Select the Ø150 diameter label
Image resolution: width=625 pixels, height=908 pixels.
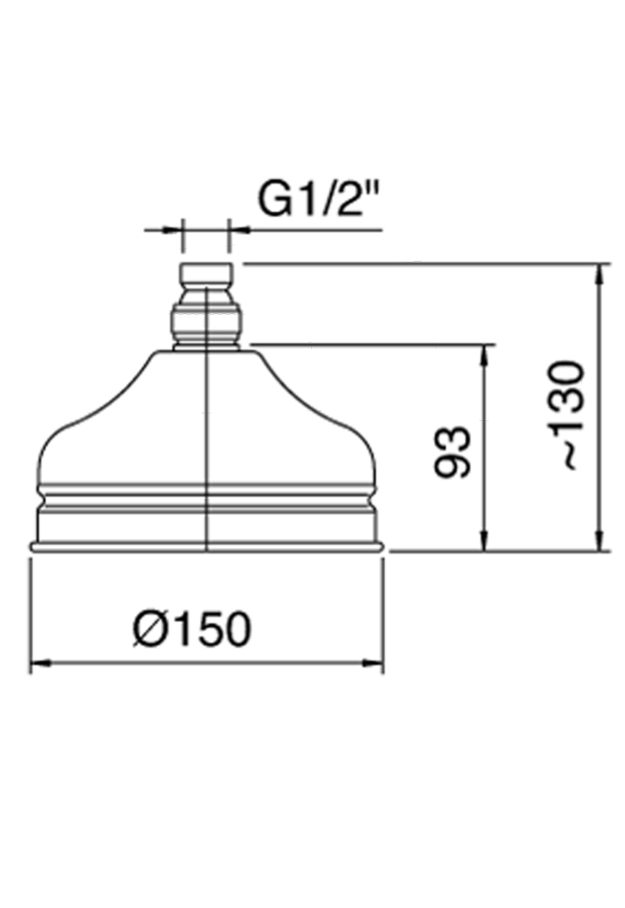pos(192,631)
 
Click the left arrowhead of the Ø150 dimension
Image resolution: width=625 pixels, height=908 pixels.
pos(39,664)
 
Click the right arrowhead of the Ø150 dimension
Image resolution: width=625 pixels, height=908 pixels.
pos(374,664)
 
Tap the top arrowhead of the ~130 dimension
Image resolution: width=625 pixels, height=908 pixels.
pos(599,272)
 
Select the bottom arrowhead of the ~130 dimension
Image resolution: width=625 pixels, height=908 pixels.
pos(599,543)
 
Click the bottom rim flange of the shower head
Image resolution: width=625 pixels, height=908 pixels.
pos(206,547)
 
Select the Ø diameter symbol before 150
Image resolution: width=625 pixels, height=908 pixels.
pos(147,631)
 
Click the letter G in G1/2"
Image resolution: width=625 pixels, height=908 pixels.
pos(274,200)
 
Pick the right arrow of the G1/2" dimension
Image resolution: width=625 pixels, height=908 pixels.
pos(238,229)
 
